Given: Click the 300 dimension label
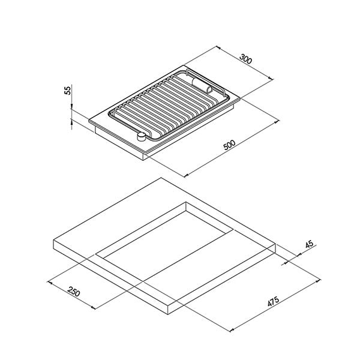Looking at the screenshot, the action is pos(246,59).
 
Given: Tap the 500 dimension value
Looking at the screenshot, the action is pos(230,145).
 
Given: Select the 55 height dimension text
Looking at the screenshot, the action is pos(68,90).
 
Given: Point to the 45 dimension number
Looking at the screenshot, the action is pos(309,244).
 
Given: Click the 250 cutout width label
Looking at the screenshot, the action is pos(74,292).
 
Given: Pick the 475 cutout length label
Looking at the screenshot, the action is pos(273,301).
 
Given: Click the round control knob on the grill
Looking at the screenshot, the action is pos(141,136).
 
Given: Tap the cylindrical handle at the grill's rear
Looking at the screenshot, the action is pos(202,85).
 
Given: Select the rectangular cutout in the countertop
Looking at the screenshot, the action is pos(164,242).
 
